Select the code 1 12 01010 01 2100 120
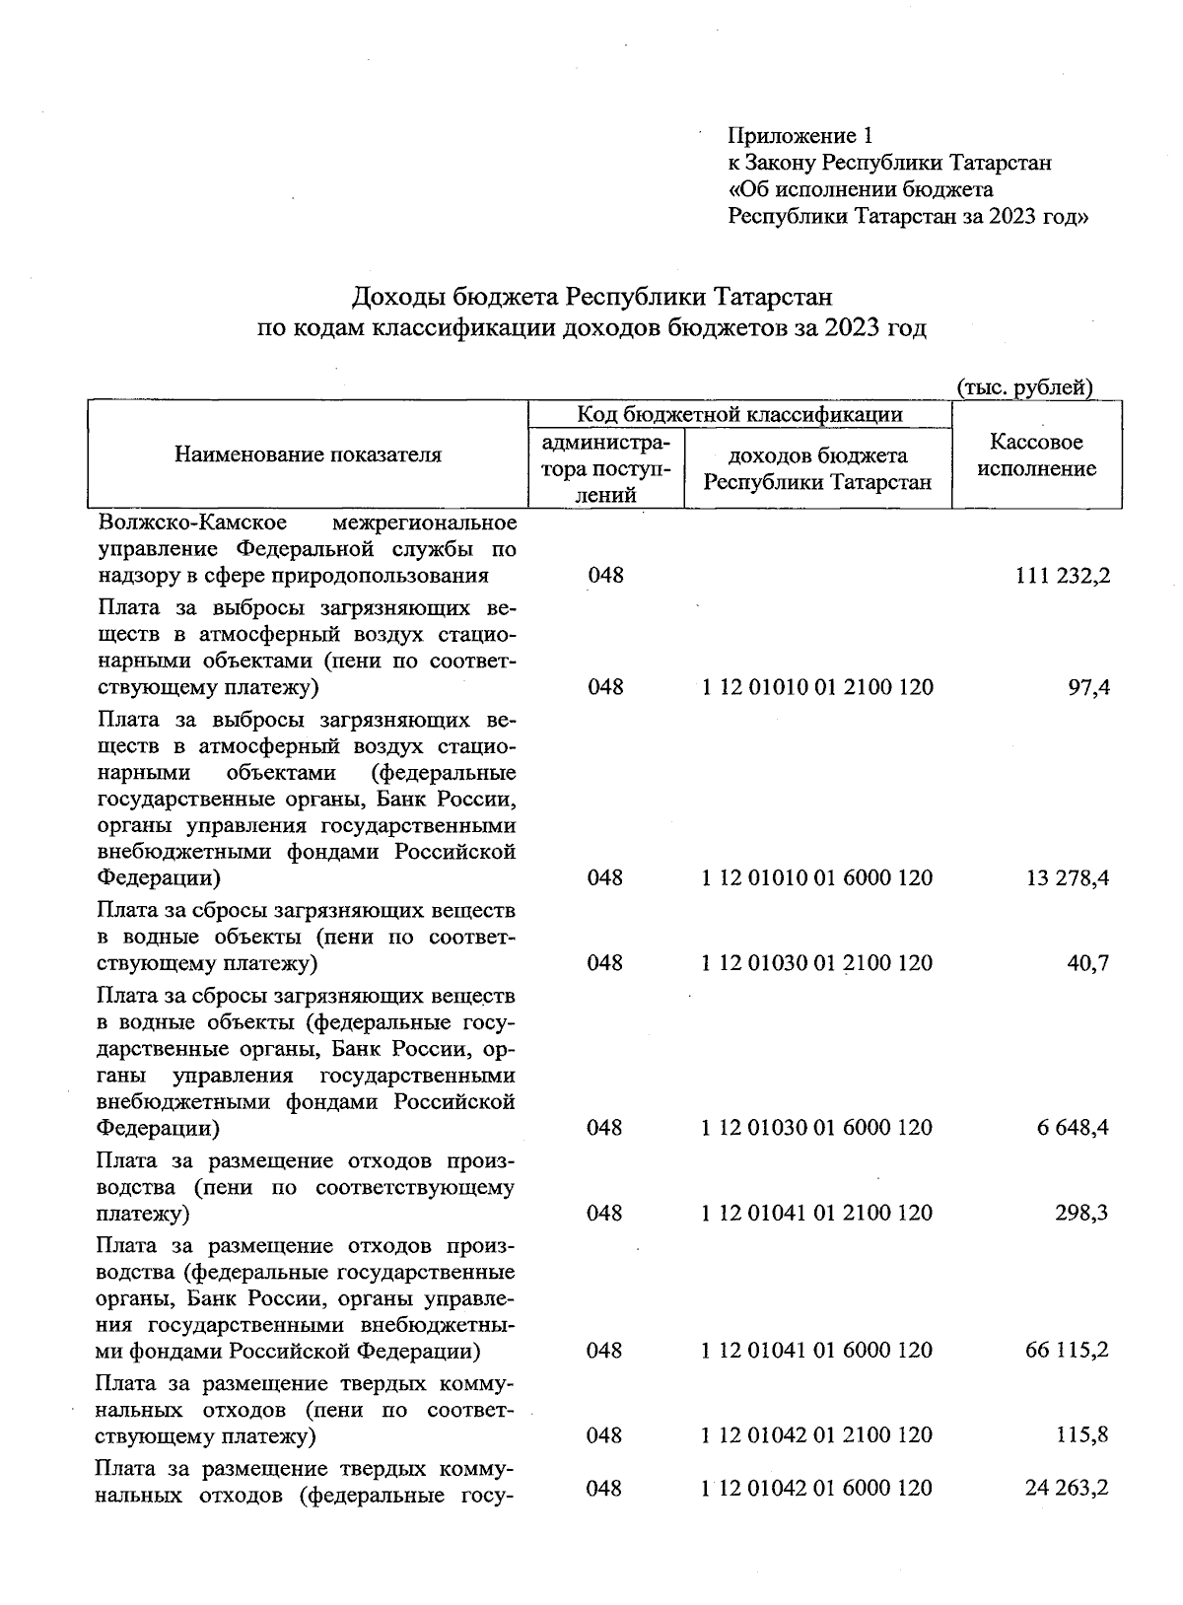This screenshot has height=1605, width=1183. tap(817, 687)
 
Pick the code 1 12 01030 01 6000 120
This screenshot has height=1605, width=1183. tap(817, 1127)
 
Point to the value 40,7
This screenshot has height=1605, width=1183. tap(1087, 963)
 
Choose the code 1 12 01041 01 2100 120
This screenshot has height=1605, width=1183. tap(817, 1213)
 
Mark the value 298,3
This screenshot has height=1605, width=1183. tap(1082, 1213)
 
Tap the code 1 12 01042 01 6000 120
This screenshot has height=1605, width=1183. tap(817, 1488)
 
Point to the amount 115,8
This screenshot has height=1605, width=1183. tap(1082, 1435)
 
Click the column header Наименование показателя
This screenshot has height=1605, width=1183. tap(309, 454)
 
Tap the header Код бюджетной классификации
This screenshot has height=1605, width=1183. tap(739, 414)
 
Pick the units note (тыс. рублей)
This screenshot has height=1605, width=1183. tap(1025, 387)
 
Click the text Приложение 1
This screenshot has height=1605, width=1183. tap(800, 135)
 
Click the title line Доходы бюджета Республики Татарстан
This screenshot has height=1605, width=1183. tap(591, 297)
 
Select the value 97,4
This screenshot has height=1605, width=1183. tap(1089, 687)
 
